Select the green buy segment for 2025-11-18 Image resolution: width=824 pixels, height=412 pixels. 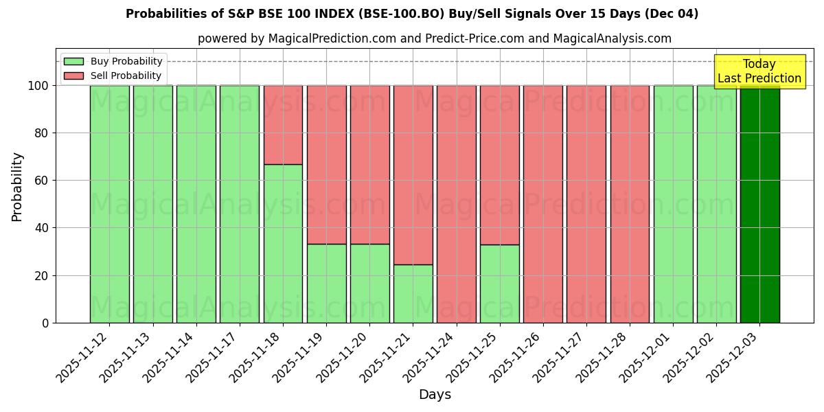click(283, 244)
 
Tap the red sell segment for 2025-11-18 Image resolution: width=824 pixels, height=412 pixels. click(283, 125)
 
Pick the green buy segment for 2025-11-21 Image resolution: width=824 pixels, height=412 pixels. click(413, 294)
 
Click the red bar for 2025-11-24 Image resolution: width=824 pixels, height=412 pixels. click(456, 204)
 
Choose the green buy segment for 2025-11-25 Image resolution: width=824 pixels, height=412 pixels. click(499, 284)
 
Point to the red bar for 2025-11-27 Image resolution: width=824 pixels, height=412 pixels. click(586, 204)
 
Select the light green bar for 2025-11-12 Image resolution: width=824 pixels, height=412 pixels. click(109, 204)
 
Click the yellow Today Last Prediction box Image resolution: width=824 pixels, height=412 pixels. click(759, 71)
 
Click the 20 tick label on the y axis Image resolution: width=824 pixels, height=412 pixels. click(43, 275)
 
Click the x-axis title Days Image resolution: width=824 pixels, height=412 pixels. click(435, 395)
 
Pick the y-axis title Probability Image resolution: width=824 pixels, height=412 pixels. click(17, 187)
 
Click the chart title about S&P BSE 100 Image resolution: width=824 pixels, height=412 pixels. click(412, 14)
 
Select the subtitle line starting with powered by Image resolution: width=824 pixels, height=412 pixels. click(434, 38)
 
